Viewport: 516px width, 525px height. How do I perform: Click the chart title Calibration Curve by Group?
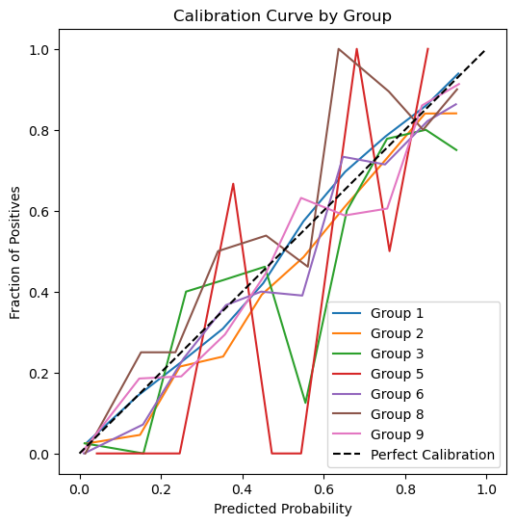(282, 15)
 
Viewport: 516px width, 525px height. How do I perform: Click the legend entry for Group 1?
(377, 313)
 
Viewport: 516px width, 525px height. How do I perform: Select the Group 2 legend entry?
(377, 333)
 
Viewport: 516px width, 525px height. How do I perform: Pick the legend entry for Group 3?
(377, 354)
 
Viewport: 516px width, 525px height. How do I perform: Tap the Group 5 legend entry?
(377, 374)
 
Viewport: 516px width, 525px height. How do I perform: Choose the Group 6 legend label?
(377, 394)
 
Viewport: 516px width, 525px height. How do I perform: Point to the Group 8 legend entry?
(377, 414)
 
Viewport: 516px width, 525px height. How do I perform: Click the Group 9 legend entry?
(377, 434)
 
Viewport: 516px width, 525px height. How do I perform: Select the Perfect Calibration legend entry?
(413, 455)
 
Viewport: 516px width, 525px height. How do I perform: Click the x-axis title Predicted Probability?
(283, 509)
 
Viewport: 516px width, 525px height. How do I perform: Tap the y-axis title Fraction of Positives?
(14, 252)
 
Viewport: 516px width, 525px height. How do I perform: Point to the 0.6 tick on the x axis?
(323, 489)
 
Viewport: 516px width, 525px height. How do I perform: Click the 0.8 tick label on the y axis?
(39, 131)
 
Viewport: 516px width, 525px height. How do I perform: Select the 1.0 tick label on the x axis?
(486, 489)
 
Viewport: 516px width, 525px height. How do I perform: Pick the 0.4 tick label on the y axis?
(39, 292)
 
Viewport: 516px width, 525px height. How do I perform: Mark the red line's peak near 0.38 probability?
(233, 184)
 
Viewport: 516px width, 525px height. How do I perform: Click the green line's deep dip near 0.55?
(305, 403)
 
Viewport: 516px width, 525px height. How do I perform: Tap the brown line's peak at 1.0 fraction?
(339, 49)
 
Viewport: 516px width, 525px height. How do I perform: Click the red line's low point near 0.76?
(390, 251)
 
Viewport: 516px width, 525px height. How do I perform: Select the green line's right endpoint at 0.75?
(456, 150)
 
